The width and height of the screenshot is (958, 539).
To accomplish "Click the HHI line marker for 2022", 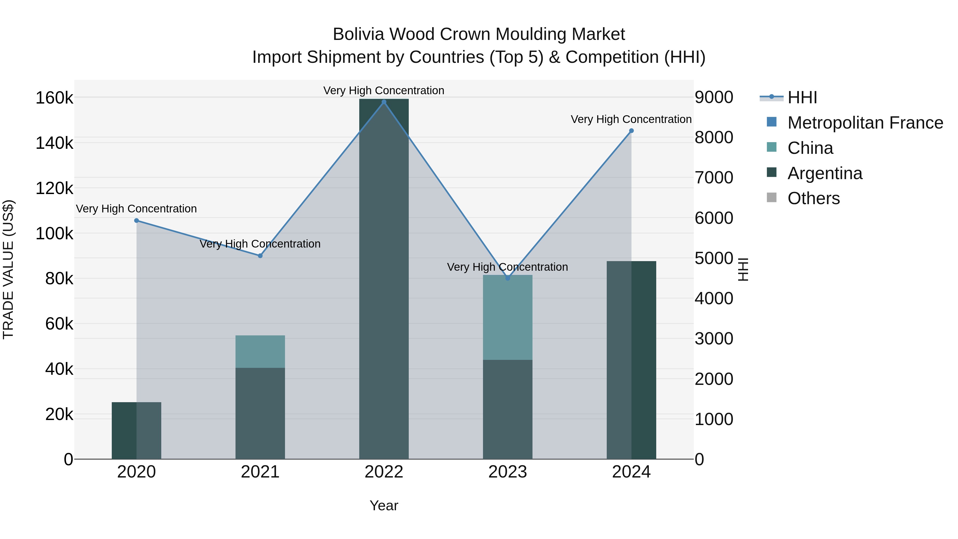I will point(384,102).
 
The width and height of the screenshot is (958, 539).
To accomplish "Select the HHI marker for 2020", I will point(137,221).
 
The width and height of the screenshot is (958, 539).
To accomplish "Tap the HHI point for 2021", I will point(260,256).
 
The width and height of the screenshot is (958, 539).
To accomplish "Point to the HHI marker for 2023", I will point(508,278).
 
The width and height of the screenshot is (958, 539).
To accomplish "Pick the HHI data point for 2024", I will point(631,131).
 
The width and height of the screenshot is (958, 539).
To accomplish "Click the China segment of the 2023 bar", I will point(508,317).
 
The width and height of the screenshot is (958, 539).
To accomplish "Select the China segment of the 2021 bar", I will point(260,352).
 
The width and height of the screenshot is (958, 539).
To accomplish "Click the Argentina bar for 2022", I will point(384,279).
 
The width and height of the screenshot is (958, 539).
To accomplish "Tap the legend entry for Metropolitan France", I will point(865,123).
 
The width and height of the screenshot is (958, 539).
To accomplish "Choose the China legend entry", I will point(810,148).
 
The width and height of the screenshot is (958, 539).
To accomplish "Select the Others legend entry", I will point(813,199).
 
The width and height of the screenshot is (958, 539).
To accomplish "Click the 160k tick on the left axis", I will point(54,98).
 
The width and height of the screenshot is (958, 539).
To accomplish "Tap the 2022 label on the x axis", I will point(384,472).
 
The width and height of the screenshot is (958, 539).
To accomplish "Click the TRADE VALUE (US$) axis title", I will point(8,269).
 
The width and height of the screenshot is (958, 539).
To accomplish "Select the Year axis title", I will point(384,505).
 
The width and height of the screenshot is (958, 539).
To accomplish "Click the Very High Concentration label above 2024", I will point(631,120).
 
